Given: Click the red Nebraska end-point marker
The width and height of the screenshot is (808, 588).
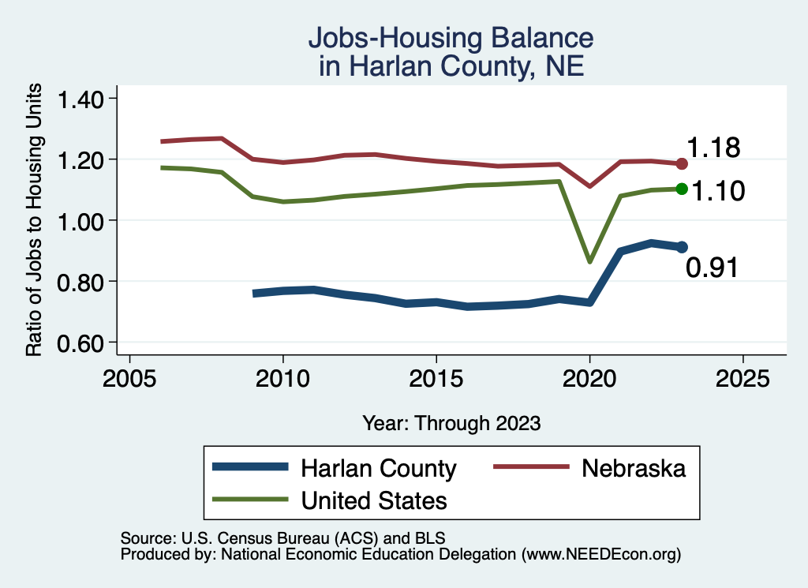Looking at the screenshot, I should click(682, 163).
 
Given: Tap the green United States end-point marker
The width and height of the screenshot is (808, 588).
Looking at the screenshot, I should click(682, 189).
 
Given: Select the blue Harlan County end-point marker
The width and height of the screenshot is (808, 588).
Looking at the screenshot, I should click(682, 247).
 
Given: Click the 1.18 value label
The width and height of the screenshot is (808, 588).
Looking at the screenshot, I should click(713, 148).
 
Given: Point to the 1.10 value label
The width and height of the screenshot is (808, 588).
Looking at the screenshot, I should click(718, 191).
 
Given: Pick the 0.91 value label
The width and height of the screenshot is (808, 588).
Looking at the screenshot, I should click(712, 268).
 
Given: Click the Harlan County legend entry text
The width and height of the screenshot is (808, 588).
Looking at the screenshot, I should click(378, 469).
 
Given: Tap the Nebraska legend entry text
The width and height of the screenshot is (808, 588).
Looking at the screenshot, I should click(634, 468).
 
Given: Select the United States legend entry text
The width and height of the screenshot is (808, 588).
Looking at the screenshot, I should click(373, 500).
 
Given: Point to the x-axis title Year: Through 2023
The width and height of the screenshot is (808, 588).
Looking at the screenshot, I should click(451, 423).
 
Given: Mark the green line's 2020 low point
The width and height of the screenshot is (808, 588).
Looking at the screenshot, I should click(589, 261).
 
